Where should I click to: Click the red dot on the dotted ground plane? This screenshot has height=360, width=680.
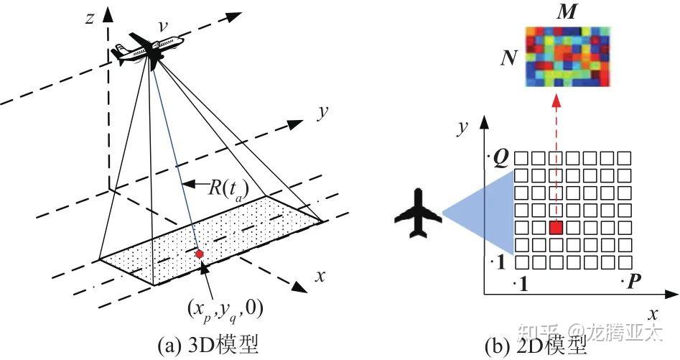[199, 254]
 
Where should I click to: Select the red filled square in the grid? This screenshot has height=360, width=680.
[555, 228]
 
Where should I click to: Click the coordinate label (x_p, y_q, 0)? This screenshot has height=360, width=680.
[223, 308]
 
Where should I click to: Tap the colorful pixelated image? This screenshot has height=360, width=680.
[567, 57]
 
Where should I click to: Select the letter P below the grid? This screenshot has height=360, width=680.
[633, 282]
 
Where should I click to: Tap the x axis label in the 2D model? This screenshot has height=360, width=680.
[653, 314]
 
